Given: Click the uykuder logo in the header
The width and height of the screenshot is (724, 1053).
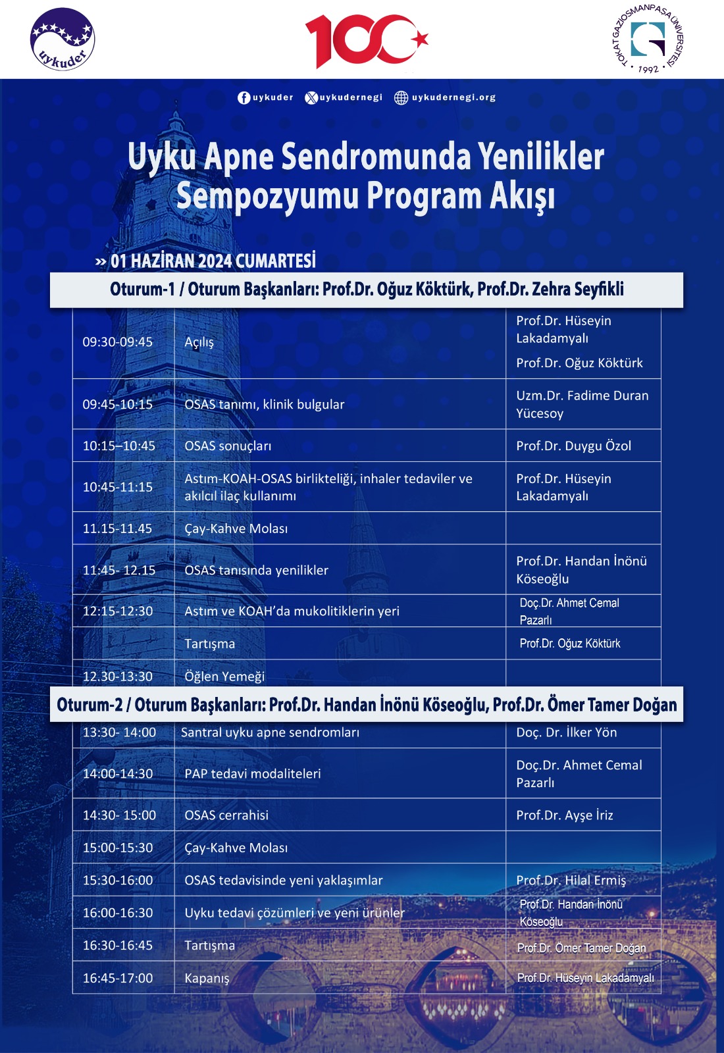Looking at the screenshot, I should pyautogui.click(x=63, y=39).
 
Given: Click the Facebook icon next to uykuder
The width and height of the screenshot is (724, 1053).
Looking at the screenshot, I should pyautogui.click(x=244, y=97).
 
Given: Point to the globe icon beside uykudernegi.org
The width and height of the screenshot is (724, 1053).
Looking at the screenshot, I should pyautogui.click(x=401, y=97).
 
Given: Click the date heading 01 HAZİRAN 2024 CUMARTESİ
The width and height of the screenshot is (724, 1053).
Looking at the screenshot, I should pyautogui.click(x=213, y=261).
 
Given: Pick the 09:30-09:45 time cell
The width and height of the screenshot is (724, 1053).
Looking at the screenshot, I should pyautogui.click(x=118, y=342).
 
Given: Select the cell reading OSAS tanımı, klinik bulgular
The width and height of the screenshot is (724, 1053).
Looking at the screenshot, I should pyautogui.click(x=265, y=404).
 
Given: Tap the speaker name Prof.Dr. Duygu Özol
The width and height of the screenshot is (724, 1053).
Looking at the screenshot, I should pyautogui.click(x=573, y=446).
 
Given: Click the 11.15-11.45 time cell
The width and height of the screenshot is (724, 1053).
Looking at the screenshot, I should pyautogui.click(x=117, y=528).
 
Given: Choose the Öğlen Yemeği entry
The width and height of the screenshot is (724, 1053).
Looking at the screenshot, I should pyautogui.click(x=224, y=677).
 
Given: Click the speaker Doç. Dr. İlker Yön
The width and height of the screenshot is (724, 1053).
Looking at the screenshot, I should pyautogui.click(x=566, y=732).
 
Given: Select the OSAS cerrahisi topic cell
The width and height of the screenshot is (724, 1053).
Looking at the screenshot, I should pyautogui.click(x=226, y=815).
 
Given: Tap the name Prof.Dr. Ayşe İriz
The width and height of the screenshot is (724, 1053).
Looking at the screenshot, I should pyautogui.click(x=564, y=815).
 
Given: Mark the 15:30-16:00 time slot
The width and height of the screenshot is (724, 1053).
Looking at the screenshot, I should pyautogui.click(x=118, y=880).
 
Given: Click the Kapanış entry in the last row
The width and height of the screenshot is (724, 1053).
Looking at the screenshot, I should pyautogui.click(x=207, y=978).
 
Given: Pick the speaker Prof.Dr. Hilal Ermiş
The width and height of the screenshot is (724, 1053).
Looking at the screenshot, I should pyautogui.click(x=571, y=880).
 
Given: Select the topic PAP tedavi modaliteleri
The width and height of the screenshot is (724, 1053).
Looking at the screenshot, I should pyautogui.click(x=253, y=773).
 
